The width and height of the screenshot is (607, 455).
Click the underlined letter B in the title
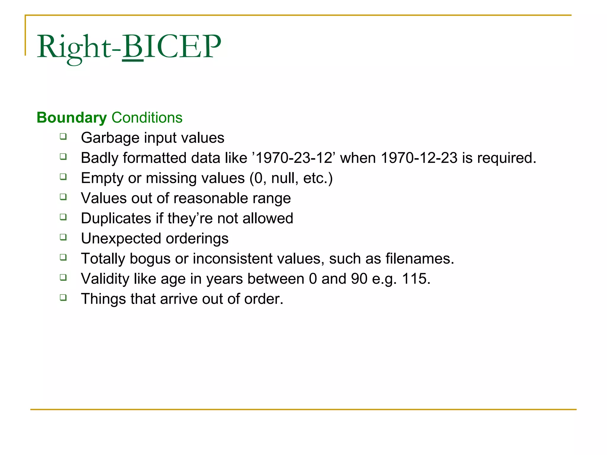(132, 47)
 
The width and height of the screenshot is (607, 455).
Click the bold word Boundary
(72, 118)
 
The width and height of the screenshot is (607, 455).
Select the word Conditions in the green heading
(147, 118)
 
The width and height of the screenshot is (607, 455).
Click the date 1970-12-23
(419, 158)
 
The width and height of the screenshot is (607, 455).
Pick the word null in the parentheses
(285, 178)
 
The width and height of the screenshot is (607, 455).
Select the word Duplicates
(116, 219)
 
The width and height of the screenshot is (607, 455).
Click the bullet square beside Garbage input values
(63, 137)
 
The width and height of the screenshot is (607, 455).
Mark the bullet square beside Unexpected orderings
(63, 237)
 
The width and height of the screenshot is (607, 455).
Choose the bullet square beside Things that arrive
(63, 297)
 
